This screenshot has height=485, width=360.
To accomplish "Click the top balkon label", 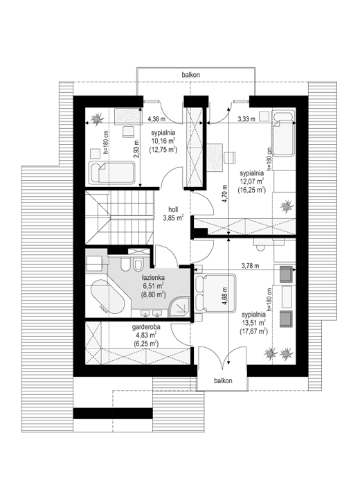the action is [190, 75].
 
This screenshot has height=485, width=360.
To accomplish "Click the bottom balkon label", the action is [223, 381].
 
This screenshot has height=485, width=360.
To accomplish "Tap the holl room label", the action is [173, 209].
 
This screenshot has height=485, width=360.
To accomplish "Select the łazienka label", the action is [153, 278].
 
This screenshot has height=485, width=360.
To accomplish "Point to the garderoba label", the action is [146, 327].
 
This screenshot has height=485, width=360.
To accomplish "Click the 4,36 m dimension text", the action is [156, 118].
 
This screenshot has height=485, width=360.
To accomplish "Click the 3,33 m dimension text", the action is [246, 118].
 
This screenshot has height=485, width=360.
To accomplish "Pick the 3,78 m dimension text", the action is [251, 265].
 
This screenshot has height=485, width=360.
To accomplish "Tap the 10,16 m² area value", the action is [163, 141].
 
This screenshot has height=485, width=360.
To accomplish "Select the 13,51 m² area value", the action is [253, 324].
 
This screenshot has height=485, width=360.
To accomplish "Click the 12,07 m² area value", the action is [252, 181].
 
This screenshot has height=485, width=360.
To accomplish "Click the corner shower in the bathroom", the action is [179, 307].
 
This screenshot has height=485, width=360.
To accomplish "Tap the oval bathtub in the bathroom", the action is [107, 297].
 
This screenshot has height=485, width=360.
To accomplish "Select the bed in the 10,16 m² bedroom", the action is [111, 173].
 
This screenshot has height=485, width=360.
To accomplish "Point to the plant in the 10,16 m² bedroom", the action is [97, 118].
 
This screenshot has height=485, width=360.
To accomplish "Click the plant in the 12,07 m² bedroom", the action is [286, 206].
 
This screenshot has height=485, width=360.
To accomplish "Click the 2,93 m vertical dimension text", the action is [136, 150].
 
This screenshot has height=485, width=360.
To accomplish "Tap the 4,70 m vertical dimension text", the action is [225, 194].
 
